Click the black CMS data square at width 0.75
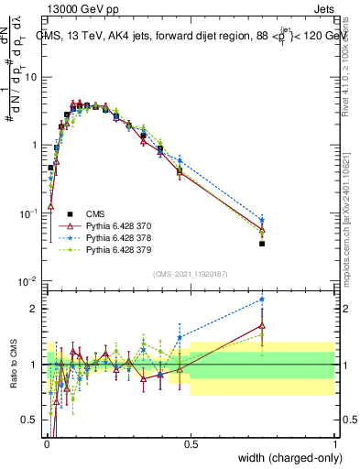click(262, 244)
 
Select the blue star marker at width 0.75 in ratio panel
click(262, 300)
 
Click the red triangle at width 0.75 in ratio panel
click(262, 325)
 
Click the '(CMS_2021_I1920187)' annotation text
click(189, 274)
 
